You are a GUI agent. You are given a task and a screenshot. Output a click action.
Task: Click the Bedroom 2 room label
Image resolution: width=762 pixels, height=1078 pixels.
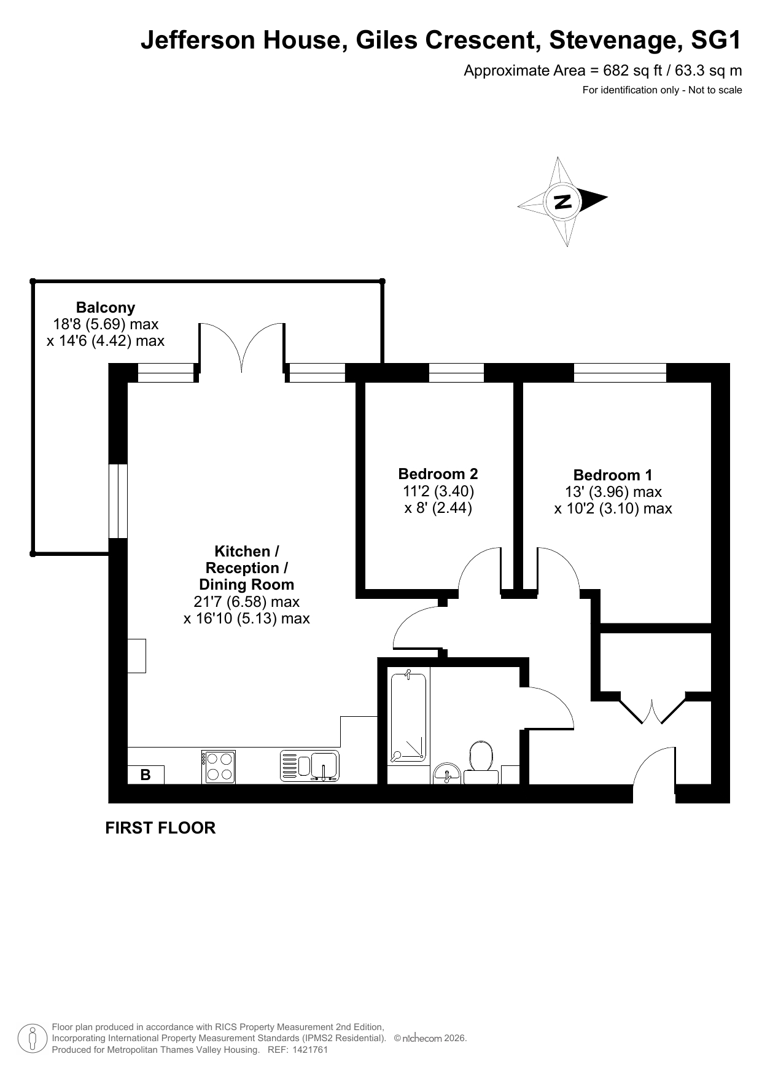tap(438, 474)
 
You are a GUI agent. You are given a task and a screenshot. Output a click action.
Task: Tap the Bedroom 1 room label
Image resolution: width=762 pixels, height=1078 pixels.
tap(613, 475)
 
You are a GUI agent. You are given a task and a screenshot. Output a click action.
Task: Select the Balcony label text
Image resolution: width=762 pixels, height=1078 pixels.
tap(106, 307)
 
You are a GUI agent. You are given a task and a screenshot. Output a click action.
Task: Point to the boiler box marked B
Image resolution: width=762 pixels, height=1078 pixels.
tap(146, 775)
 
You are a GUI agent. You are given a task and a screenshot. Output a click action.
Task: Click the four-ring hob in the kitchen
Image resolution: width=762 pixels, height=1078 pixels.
tap(219, 767)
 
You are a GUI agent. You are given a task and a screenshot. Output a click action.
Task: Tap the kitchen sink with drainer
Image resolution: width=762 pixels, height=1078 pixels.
tap(309, 766)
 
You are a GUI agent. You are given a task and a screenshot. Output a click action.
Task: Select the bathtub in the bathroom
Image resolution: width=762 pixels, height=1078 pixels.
tap(408, 717)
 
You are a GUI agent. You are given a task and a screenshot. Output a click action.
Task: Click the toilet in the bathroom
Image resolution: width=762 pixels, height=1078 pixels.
tap(481, 762)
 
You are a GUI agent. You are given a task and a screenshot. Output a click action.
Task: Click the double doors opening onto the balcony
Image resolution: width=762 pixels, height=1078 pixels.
tap(242, 347)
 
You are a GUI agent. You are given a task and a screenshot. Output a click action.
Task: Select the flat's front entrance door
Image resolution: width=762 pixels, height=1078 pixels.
tap(655, 773)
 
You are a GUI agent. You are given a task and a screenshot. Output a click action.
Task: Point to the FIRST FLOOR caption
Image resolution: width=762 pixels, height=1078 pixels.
tap(160, 828)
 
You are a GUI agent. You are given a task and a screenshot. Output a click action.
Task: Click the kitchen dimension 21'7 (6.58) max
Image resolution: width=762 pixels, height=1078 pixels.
tap(246, 601)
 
